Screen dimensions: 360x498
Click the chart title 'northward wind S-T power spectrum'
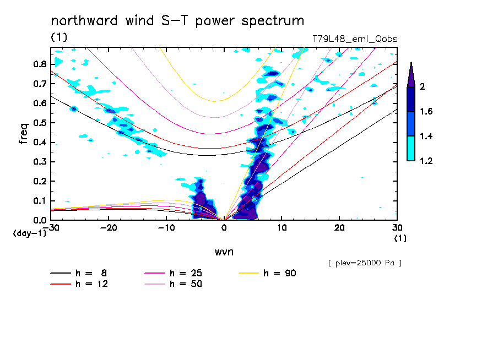click(177, 21)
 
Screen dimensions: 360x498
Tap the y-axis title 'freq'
click(24, 134)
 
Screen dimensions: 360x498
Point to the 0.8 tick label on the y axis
click(40, 64)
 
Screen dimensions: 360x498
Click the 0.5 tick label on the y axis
click(40, 123)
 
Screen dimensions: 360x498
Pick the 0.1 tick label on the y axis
click(40, 201)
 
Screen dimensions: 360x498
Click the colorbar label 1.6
click(426, 112)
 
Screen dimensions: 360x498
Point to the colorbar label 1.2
click(426, 161)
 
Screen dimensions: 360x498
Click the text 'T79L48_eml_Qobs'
click(354, 39)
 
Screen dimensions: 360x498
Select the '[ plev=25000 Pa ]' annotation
click(365, 263)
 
